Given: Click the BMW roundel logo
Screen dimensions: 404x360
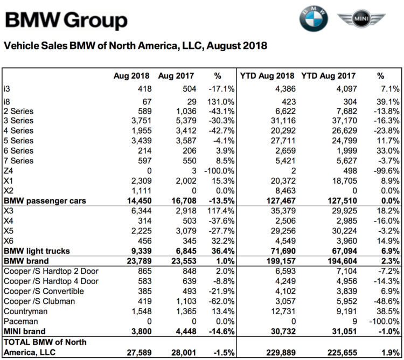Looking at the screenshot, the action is coord(314,18).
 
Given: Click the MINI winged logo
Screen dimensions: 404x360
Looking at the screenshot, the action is coord(361,18).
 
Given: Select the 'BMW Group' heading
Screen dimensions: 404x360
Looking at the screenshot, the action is coord(66,20).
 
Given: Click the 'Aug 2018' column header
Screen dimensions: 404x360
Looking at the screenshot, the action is coord(131,76).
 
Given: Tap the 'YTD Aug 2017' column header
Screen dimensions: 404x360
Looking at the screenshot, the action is coord(328,76).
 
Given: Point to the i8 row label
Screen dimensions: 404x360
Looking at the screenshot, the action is coord(6,102).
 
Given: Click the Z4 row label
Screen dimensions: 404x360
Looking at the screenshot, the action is coord(8,171).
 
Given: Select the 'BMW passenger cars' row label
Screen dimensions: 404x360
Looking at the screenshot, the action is coord(45,200).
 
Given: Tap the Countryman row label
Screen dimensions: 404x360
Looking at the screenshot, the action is coord(25,311).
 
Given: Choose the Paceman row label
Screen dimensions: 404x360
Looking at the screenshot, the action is coord(20,321).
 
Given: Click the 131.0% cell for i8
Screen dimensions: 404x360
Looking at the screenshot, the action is coord(221,102).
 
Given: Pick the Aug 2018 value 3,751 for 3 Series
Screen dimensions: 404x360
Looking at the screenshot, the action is coord(142,121).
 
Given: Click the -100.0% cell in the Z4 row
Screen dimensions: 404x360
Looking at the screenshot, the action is coord(219,171).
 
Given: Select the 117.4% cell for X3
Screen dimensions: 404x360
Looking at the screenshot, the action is coord(221,211).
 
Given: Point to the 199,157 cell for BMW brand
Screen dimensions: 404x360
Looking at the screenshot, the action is coord(281,261).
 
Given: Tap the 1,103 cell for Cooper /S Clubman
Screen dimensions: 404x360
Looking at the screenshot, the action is coord(186,301).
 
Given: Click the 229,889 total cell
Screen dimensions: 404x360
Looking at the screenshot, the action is coord(281,352).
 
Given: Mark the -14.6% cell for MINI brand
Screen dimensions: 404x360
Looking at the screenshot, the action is coord(221,331).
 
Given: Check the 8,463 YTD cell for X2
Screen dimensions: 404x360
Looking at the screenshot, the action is coord(285,191).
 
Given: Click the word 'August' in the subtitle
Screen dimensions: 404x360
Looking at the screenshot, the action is coord(223,46).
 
